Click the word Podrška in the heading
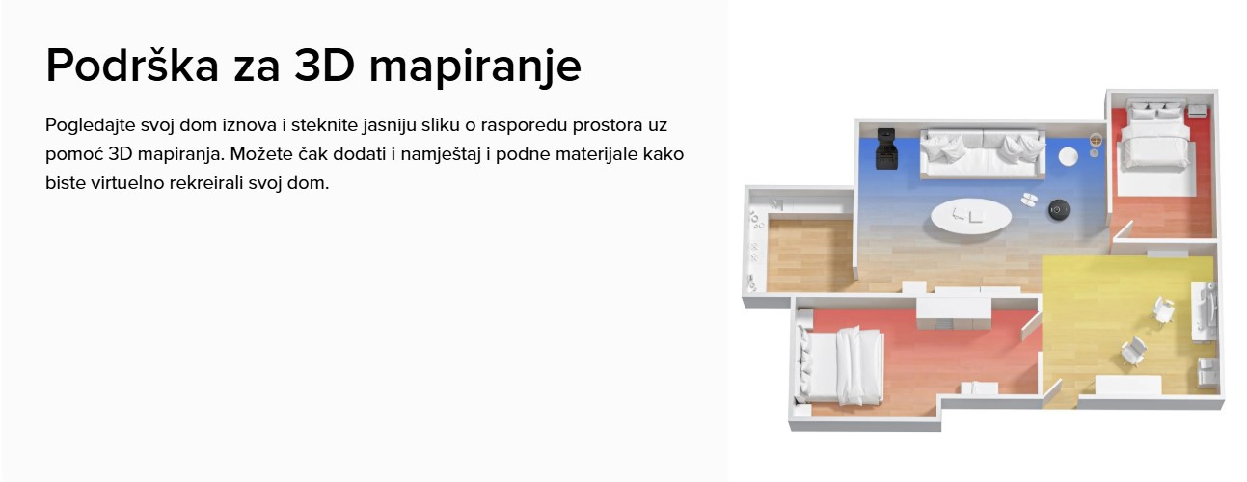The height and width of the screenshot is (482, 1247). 132,65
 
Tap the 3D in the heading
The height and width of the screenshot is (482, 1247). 324,65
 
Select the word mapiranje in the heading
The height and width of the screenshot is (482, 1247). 475,67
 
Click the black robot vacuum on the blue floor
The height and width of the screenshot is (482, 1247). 1058,210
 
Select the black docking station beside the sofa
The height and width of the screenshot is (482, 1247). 886,148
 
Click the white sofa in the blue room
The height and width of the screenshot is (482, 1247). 982,153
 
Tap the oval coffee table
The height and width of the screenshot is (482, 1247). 971,217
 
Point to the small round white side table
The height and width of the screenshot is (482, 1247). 1068,156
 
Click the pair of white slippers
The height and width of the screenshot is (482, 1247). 1029,200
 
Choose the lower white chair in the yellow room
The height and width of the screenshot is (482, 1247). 1133,351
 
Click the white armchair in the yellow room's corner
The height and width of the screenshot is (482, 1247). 1207,372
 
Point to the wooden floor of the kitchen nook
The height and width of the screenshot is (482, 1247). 810,254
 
